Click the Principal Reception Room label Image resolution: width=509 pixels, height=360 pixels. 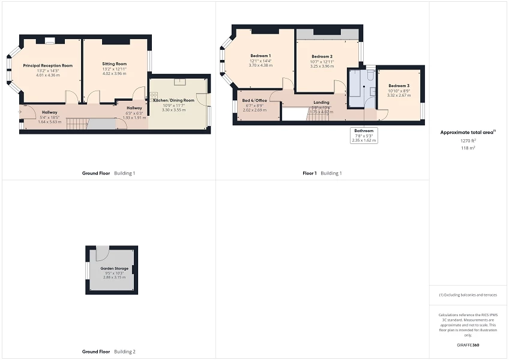[x=47, y=65]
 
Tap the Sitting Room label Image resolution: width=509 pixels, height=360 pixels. [x=114, y=64]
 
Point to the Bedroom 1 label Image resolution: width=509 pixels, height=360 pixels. [x=261, y=55]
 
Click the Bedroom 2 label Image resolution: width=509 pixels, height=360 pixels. [x=322, y=56]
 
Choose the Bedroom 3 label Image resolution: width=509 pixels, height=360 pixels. [x=399, y=86]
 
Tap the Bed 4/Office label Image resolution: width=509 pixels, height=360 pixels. [x=254, y=100]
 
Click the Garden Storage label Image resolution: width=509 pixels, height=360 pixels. [x=110, y=268]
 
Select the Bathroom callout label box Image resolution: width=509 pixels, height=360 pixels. [x=364, y=135]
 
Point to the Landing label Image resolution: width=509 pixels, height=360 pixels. [x=321, y=103]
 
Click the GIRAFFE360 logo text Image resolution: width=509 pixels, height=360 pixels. [x=468, y=345]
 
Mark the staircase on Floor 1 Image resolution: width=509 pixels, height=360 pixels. [x=318, y=115]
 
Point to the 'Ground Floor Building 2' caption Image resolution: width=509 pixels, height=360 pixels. [x=109, y=352]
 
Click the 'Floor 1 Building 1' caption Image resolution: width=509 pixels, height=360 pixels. [x=322, y=173]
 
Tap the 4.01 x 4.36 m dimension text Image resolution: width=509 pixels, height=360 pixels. [x=48, y=75]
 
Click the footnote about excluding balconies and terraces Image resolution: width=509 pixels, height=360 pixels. [x=468, y=295]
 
